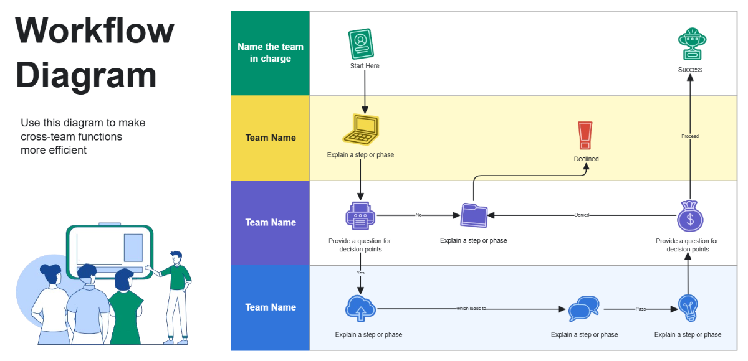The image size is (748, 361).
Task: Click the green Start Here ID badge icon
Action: (360, 44)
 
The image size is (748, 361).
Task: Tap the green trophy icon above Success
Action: (691, 44)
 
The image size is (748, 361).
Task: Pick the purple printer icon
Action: (360, 215)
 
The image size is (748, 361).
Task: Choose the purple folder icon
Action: (473, 215)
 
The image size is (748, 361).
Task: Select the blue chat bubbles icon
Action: (583, 308)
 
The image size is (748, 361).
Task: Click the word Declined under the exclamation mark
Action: (586, 159)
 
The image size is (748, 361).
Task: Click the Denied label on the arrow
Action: (581, 215)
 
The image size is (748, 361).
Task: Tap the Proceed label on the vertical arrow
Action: (690, 136)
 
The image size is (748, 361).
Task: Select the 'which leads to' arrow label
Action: (471, 308)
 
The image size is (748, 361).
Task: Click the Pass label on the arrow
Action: (640, 308)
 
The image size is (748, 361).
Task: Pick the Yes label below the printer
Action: (360, 273)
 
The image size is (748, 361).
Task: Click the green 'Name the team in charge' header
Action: (271, 52)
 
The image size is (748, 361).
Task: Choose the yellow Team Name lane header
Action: (271, 138)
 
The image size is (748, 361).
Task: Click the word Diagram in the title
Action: (86, 75)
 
